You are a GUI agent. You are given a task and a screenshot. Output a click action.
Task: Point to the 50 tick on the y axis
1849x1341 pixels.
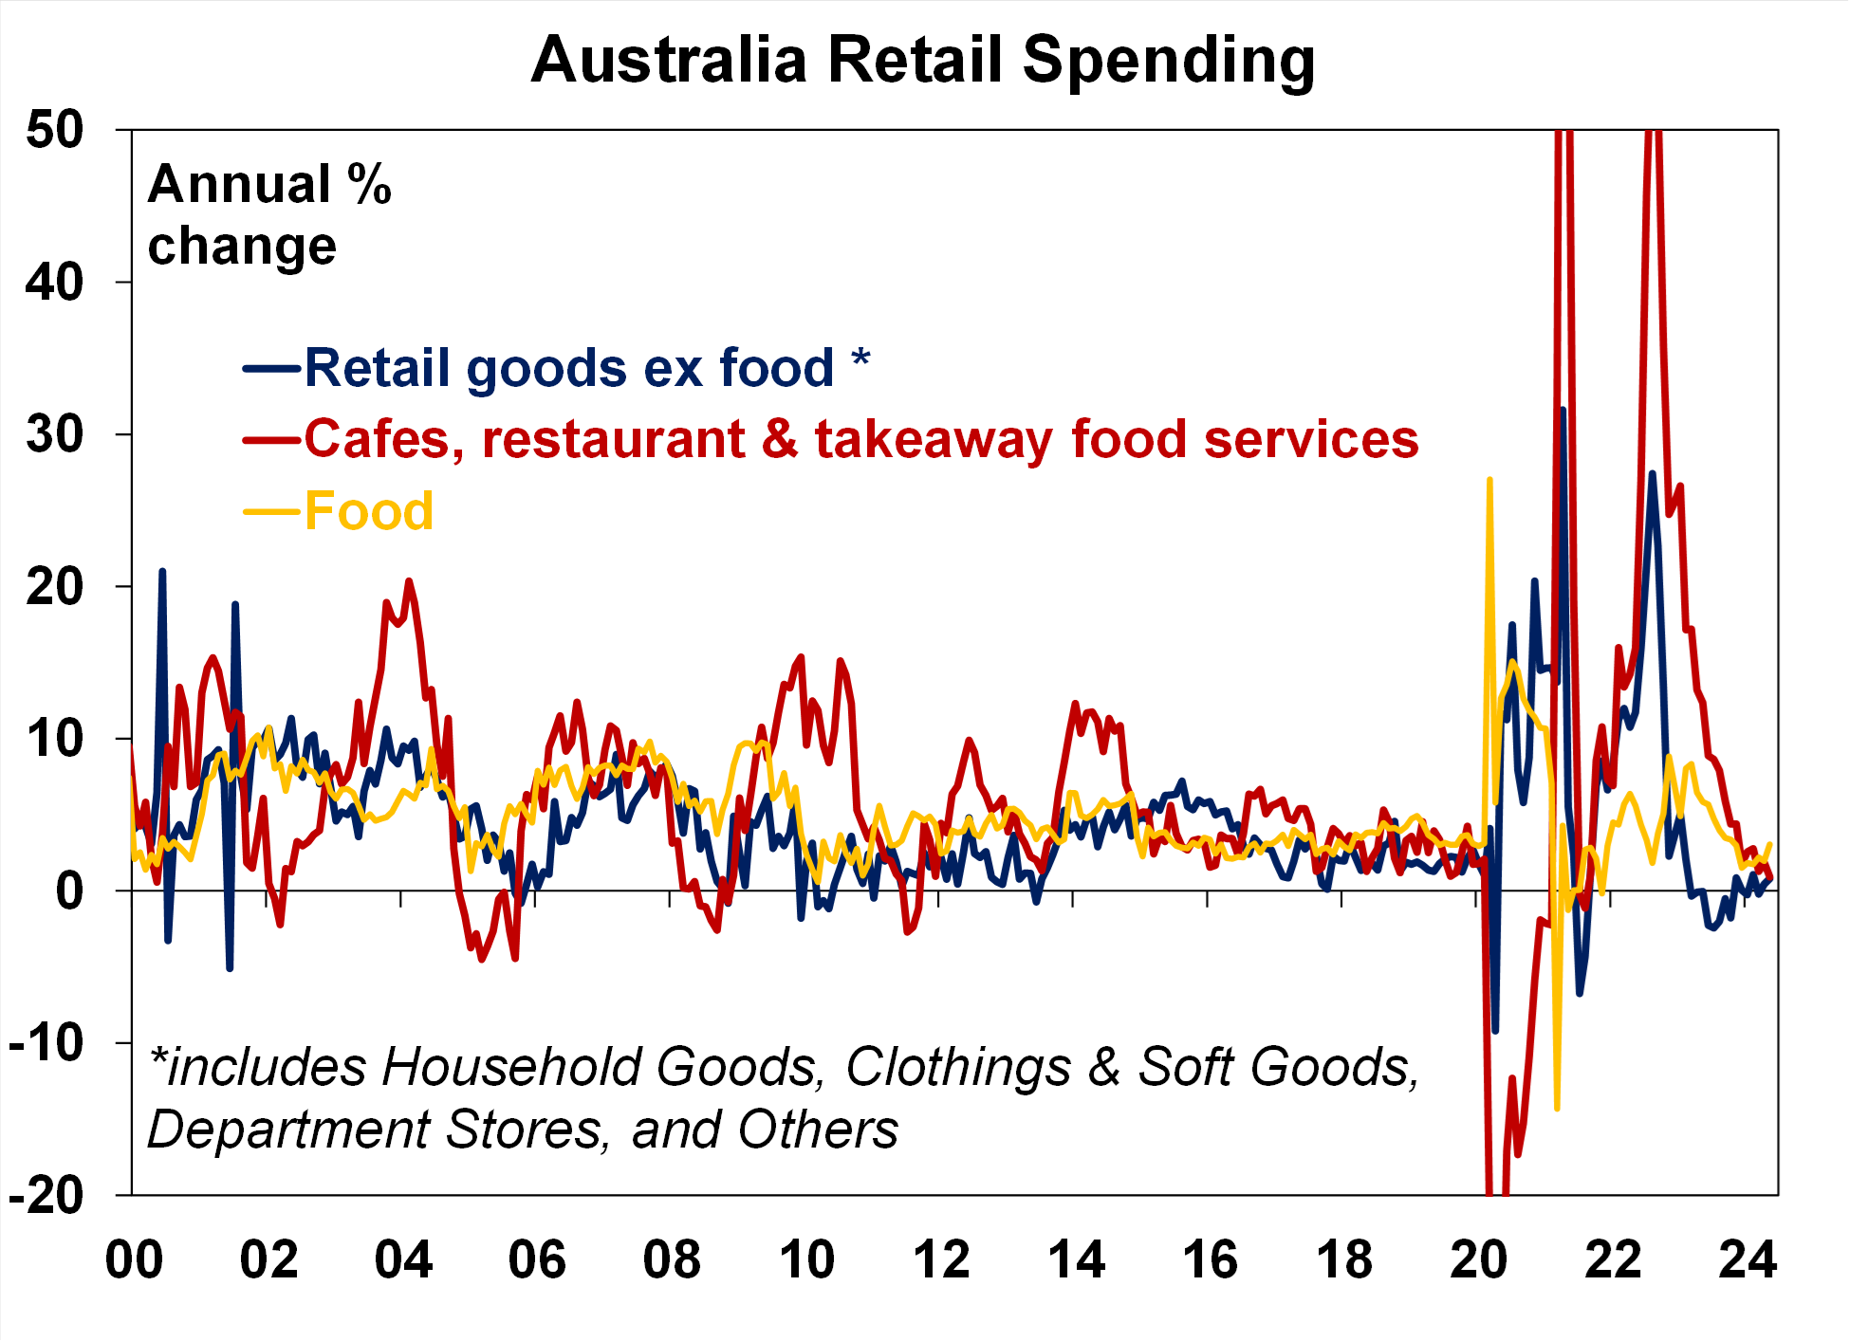(54, 129)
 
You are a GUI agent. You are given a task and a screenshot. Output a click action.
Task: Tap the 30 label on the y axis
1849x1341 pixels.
(54, 434)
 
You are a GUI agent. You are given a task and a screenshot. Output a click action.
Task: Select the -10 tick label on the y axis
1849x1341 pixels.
(46, 1043)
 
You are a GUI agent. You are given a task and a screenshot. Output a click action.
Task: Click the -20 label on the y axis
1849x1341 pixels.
(46, 1195)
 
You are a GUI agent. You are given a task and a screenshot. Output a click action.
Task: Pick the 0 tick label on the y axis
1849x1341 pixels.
(68, 891)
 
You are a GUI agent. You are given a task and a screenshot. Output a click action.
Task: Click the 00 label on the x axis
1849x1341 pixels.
(134, 1260)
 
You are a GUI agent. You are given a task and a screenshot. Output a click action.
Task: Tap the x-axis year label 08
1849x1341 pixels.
(672, 1260)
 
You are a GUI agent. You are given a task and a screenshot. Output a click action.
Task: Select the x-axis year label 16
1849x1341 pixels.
(1210, 1260)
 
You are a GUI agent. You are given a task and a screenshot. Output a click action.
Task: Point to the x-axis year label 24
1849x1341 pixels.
(1747, 1260)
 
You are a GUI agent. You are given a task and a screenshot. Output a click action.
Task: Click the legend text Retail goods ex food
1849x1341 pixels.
(568, 368)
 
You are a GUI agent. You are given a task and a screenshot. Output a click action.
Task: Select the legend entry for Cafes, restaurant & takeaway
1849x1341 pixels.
(860, 439)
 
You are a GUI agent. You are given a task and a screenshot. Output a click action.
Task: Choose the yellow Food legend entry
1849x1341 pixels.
(368, 511)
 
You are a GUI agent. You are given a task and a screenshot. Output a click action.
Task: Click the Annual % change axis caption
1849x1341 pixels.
(268, 214)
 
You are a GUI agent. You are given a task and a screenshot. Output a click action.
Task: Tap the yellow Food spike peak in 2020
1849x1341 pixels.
(1489, 480)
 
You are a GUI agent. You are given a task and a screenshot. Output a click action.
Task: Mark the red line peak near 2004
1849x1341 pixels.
(409, 580)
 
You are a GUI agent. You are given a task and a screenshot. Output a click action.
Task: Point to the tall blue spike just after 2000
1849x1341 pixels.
(162, 571)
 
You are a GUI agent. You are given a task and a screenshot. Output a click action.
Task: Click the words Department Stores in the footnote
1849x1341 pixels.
(375, 1130)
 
